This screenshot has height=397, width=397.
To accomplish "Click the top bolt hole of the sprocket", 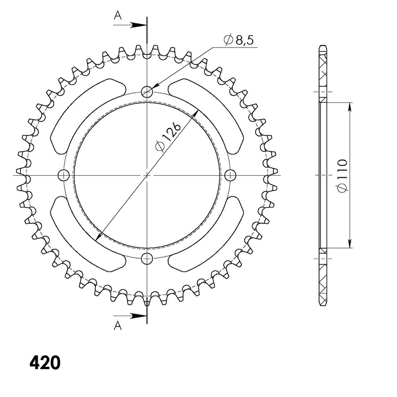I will pyautogui.click(x=147, y=91).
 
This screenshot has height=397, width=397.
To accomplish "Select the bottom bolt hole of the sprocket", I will pyautogui.click(x=147, y=258).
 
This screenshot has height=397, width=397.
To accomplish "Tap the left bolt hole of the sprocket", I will pyautogui.click(x=64, y=175).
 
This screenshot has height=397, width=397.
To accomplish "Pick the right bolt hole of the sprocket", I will pyautogui.click(x=230, y=175).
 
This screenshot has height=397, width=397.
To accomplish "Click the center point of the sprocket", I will pyautogui.click(x=147, y=175).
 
